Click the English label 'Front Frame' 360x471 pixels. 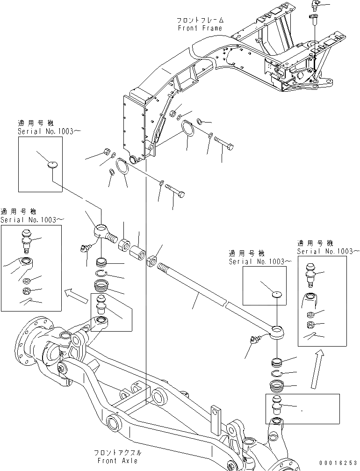(x=200, y=28)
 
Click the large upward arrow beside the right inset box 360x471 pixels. (x=317, y=369)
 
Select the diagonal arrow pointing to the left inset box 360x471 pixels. (x=75, y=294)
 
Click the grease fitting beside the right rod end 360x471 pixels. (x=254, y=341)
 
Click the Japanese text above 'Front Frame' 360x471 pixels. (x=200, y=21)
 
